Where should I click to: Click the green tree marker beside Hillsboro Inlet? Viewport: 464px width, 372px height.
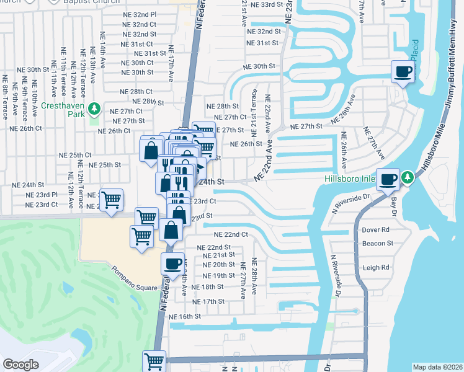pos(408,178)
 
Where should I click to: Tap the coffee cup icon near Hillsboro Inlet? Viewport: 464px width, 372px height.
pos(389,179)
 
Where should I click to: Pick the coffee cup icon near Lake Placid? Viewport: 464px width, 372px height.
pos(403,73)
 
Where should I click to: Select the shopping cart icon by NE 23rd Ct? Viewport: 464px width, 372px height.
pos(111,200)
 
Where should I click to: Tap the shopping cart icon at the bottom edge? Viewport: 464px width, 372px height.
pos(154,361)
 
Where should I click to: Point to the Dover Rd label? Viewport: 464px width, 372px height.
pos(377,229)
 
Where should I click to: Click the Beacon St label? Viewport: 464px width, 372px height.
pos(378,244)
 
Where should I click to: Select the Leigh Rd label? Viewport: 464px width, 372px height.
pos(377,268)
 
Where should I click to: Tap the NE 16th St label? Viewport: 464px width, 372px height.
pos(189,316)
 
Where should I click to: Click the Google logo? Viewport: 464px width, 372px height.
pos(20,365)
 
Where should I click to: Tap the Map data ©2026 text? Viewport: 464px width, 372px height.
pos(437,367)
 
